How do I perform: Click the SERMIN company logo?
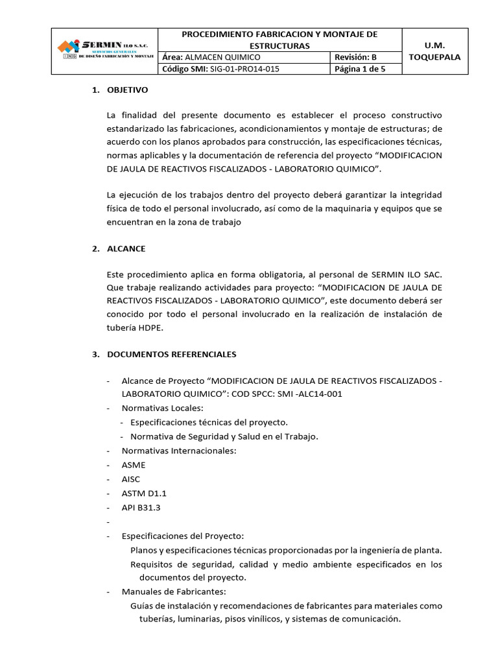coord(104,49)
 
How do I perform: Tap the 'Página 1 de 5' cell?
coord(359,69)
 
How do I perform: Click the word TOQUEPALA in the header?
coord(434,57)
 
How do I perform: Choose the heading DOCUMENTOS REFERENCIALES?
coord(171,355)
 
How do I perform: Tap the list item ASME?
coord(134,465)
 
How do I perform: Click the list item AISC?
coord(131,479)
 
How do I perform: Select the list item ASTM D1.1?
coord(139,494)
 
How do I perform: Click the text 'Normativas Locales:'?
coord(162,408)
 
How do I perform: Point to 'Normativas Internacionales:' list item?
coord(179,451)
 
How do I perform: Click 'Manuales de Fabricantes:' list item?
coord(174,592)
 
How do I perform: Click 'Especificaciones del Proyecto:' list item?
coord(183,536)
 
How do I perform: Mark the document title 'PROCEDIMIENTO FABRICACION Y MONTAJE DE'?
coord(279,34)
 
